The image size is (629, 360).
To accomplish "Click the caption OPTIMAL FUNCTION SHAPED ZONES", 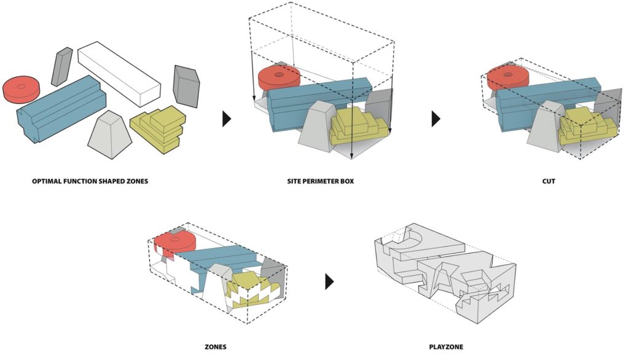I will click(90, 182).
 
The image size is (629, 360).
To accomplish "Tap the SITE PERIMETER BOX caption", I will click(320, 182).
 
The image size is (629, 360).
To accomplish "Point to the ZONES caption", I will click(216, 347).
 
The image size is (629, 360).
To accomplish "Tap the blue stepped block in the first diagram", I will click(61, 111).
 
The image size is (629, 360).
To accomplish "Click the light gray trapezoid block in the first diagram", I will click(110, 132).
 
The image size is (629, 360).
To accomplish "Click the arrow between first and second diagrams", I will click(227, 119).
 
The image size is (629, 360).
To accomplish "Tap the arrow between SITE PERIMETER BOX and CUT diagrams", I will click(436, 119).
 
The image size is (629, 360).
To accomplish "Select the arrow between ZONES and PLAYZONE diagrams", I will click(330, 282).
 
